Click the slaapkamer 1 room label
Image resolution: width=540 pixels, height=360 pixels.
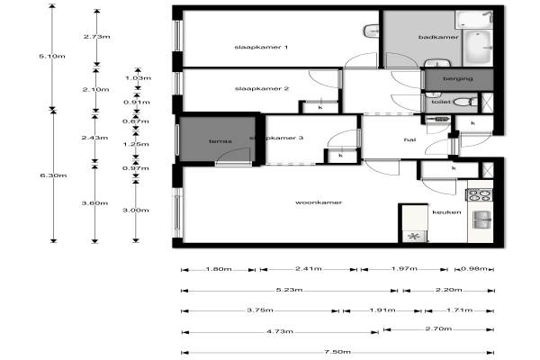(260, 47)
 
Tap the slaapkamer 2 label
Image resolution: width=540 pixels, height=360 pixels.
(260, 88)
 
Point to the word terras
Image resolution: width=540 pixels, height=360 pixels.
(220, 141)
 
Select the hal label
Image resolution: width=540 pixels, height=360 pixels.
(409, 139)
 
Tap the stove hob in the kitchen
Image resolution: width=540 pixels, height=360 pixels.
(478, 193)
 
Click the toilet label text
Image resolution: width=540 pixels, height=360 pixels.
(439, 103)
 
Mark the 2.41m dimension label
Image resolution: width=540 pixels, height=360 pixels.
(308, 269)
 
